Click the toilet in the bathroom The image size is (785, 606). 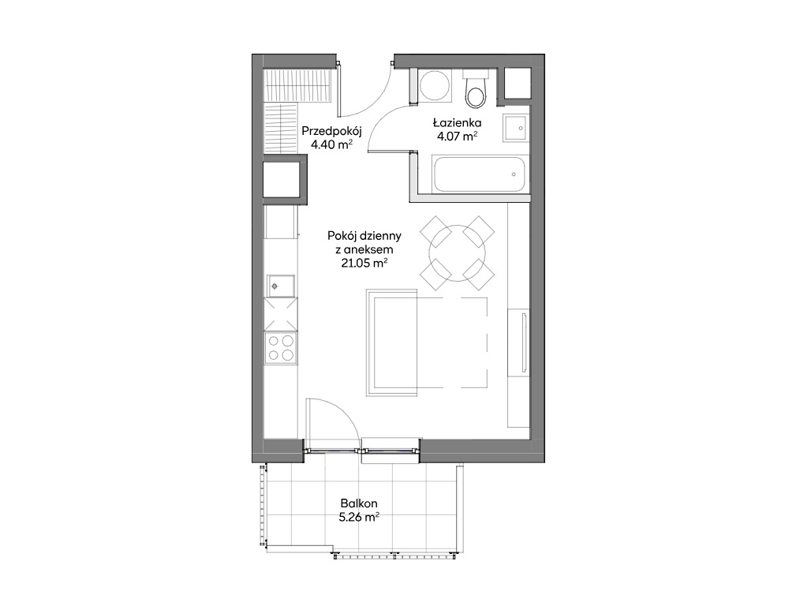(475, 89)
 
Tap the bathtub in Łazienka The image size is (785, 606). (479, 174)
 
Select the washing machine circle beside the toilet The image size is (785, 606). (435, 85)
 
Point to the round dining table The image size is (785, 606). (457, 253)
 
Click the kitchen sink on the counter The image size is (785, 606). (280, 286)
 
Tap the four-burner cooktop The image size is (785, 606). (280, 347)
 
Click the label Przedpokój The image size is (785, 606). (331, 131)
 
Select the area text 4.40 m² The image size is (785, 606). (332, 145)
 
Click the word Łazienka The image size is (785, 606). (457, 122)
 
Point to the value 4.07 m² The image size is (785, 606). (457, 136)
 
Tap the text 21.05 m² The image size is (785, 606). (364, 263)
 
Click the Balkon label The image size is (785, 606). (359, 503)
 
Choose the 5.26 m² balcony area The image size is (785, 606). (359, 518)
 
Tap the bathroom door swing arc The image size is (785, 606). (383, 118)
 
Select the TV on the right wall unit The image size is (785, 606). (524, 342)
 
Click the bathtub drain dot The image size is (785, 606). (514, 174)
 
